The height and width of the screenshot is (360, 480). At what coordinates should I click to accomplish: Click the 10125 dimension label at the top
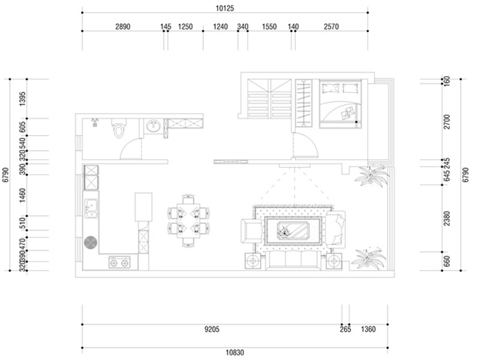pos(224,8)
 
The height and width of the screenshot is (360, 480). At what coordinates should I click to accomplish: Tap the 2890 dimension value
pos(123,26)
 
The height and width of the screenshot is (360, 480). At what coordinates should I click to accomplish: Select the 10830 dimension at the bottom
pos(235,353)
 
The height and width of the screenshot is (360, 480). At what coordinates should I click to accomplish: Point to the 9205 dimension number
pos(212,329)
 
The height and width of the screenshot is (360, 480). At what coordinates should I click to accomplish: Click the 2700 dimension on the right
pos(447,122)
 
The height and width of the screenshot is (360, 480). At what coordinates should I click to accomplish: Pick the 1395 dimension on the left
pos(23,99)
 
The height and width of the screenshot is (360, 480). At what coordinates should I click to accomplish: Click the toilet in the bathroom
pos(118,128)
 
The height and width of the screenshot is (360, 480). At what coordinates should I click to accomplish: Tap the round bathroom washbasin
pos(153,126)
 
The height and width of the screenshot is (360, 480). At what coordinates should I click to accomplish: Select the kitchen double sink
pos(91,208)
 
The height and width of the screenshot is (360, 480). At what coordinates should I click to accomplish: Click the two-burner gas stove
pos(119,262)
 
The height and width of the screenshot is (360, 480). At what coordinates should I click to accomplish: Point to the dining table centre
pos(188,221)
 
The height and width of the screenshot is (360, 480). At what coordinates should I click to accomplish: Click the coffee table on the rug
pos(293,230)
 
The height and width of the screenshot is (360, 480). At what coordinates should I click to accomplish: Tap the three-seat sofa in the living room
pos(293,260)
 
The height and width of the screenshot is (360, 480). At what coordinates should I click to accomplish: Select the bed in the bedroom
pos(340,104)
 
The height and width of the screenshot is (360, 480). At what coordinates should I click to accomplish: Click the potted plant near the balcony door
pos(371,176)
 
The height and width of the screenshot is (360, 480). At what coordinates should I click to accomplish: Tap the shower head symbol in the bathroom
pos(95,122)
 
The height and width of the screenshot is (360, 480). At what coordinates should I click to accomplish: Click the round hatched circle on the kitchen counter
pos(91,242)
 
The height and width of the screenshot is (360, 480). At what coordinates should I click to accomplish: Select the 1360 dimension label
pos(368,329)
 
